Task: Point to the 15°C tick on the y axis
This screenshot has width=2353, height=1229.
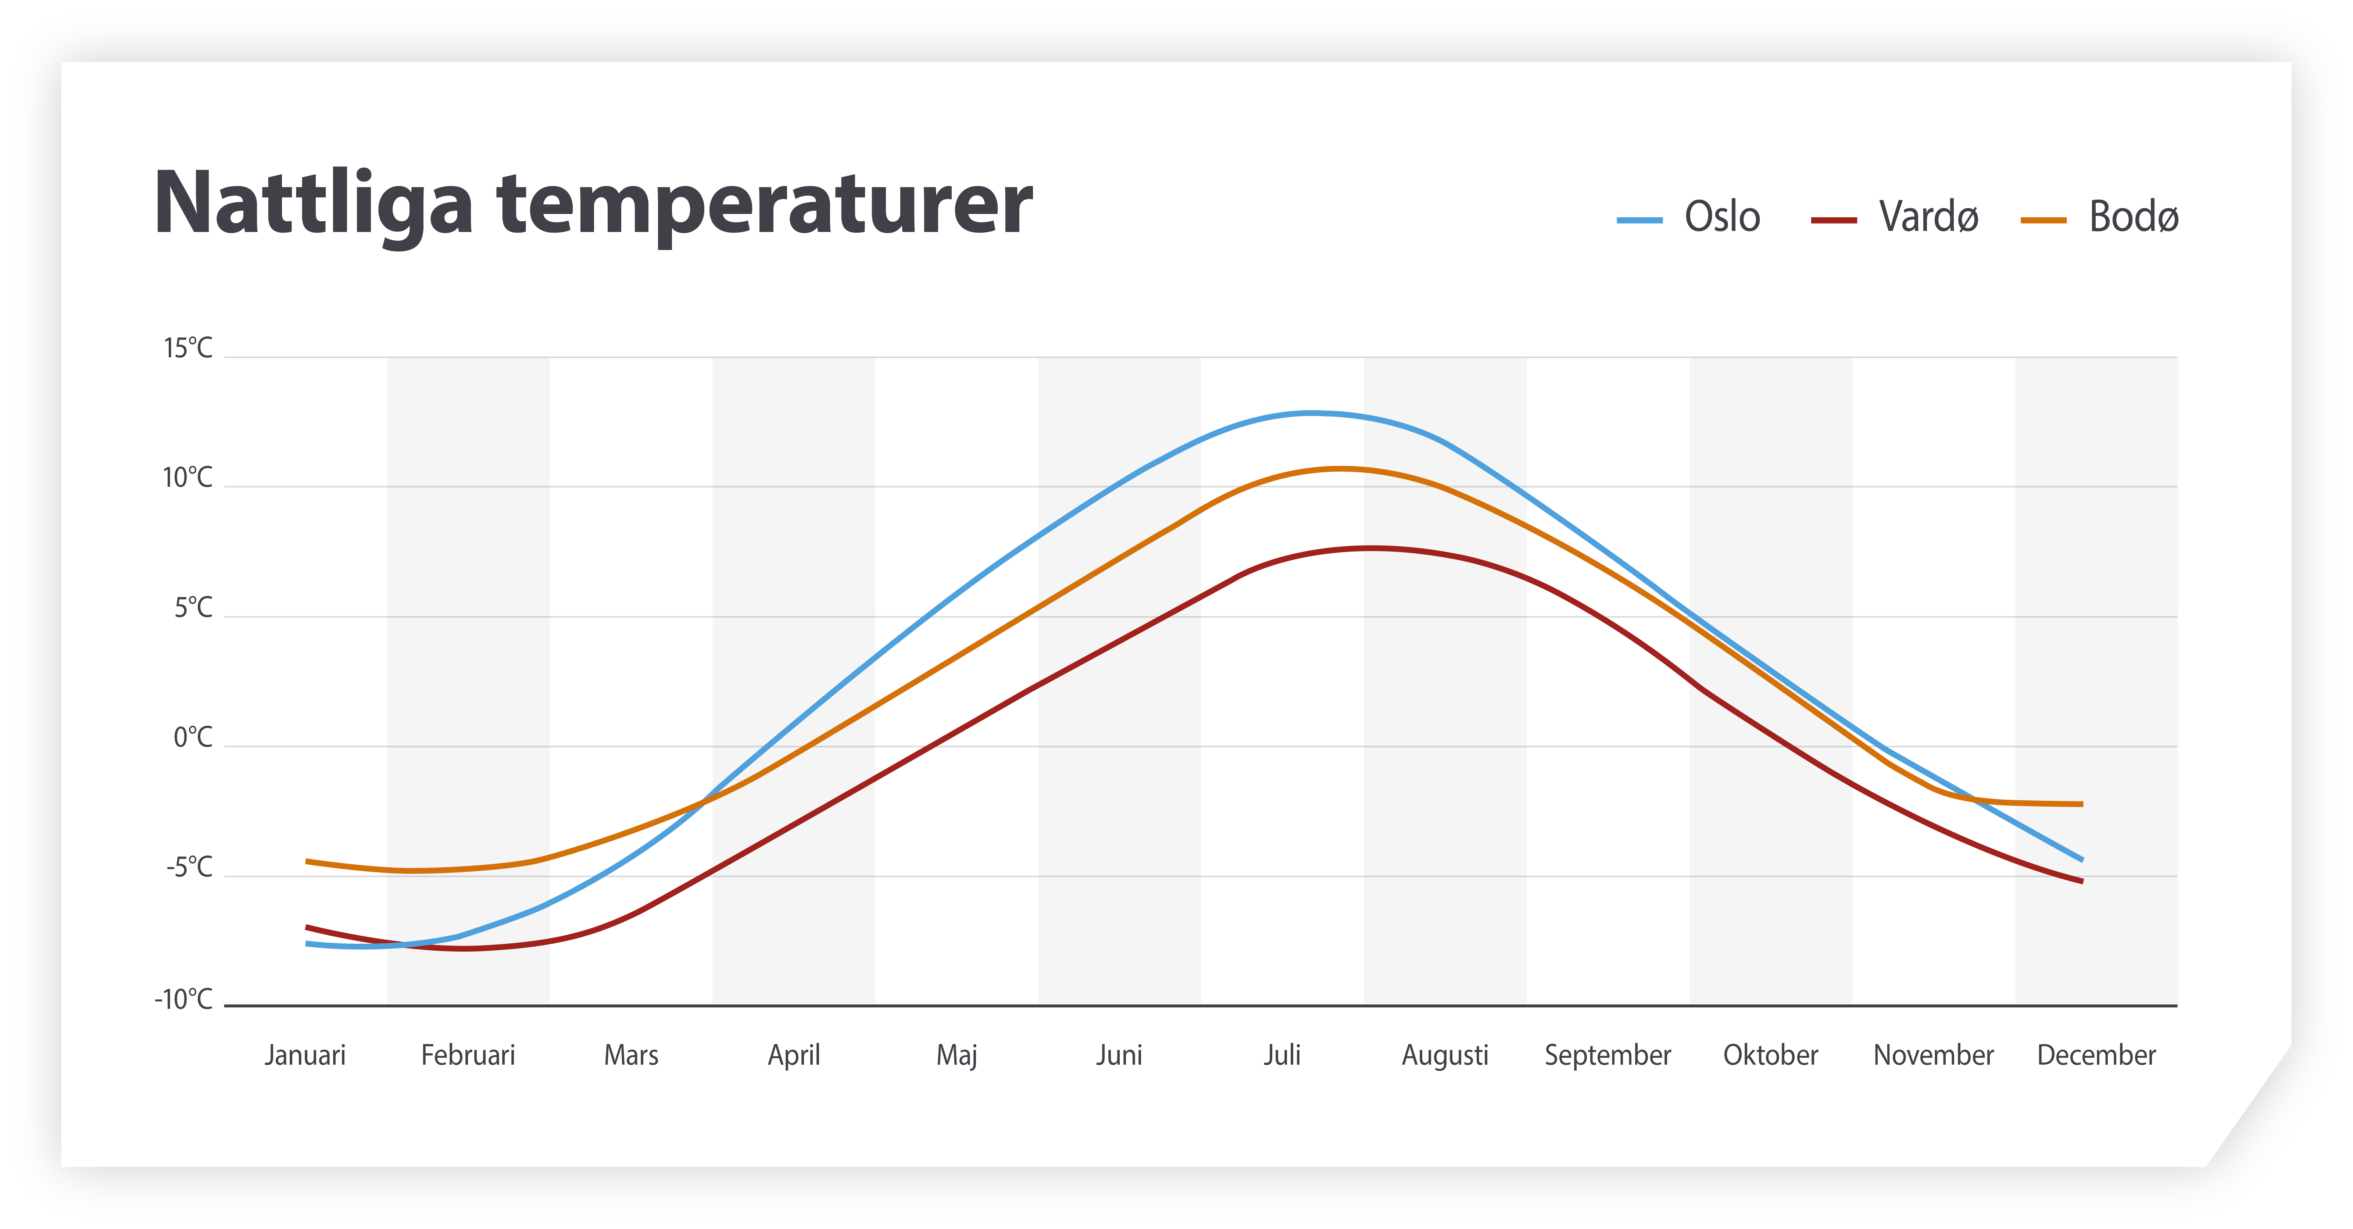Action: coord(187,348)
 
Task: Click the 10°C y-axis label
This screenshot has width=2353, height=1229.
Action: coord(187,478)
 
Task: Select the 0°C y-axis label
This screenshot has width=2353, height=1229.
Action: coord(192,737)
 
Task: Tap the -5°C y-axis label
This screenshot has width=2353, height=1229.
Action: coord(189,867)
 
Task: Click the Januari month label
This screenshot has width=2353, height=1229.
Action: coord(305,1055)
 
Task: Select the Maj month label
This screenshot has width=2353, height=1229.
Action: coord(956,1055)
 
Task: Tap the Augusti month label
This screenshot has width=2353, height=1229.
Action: coord(1445,1055)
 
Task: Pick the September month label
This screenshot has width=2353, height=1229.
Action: coord(1608,1055)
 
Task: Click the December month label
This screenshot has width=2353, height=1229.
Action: coord(2096,1055)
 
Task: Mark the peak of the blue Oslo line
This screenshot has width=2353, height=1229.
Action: coord(1311,413)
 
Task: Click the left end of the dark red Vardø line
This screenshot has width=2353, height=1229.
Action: coord(308,928)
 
